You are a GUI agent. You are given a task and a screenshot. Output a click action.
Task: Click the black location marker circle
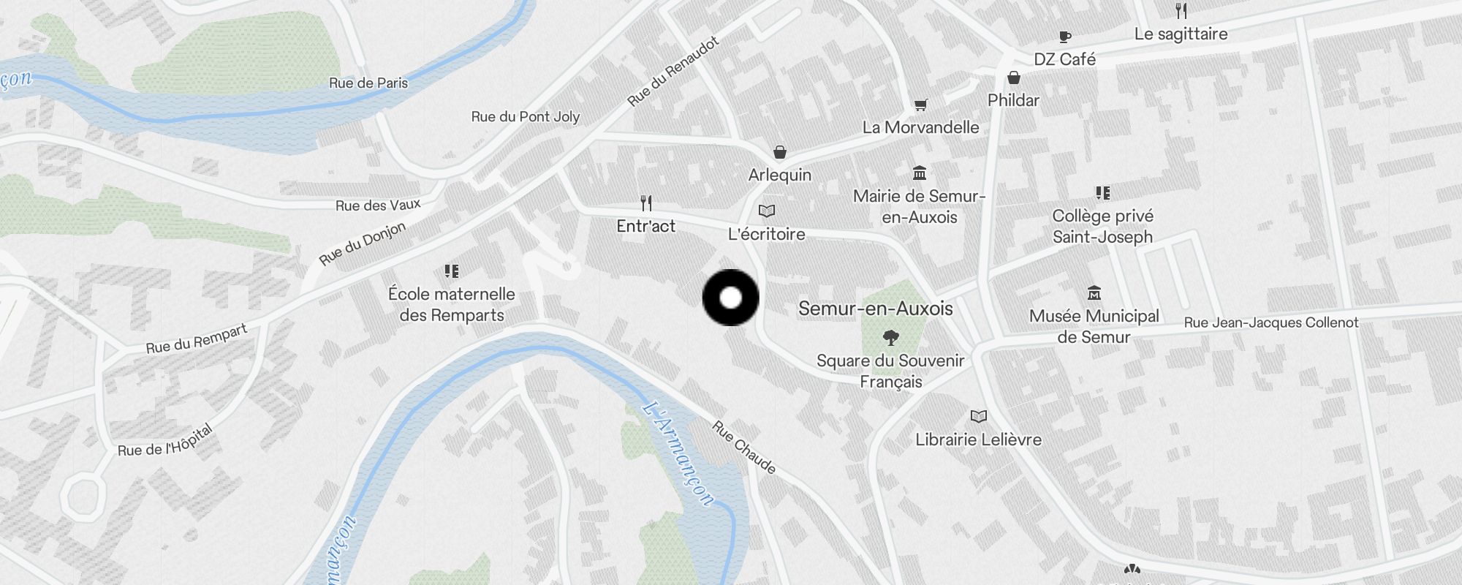click(730, 298)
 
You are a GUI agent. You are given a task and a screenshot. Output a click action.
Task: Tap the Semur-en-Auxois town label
click(875, 309)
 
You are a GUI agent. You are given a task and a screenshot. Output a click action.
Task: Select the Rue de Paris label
click(368, 83)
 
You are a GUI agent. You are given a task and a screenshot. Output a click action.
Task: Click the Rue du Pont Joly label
click(525, 116)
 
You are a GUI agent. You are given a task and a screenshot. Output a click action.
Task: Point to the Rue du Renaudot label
click(673, 72)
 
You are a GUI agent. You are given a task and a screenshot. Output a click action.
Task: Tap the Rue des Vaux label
click(378, 205)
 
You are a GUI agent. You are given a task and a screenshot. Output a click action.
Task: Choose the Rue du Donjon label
click(362, 244)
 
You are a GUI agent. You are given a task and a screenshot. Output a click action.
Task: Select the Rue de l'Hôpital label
click(165, 440)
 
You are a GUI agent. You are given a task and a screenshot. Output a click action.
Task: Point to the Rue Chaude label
click(743, 447)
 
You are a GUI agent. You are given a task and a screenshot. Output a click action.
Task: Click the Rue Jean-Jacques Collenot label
click(1270, 322)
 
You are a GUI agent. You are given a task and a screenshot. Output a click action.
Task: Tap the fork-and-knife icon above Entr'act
click(645, 203)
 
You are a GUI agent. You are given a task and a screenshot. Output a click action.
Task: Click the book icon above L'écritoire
click(766, 211)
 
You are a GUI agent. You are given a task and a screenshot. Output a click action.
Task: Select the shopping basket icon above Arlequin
click(780, 152)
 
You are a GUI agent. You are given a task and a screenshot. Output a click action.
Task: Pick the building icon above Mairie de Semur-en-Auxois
click(920, 173)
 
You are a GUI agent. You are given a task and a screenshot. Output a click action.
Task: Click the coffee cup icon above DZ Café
click(1065, 37)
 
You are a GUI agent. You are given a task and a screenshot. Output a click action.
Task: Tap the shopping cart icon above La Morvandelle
click(921, 105)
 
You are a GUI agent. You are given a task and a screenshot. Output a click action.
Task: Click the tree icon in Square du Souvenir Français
click(890, 337)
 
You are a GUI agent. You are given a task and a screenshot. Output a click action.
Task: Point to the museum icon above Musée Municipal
click(1094, 293)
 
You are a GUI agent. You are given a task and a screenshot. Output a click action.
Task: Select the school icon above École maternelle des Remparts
click(452, 271)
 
